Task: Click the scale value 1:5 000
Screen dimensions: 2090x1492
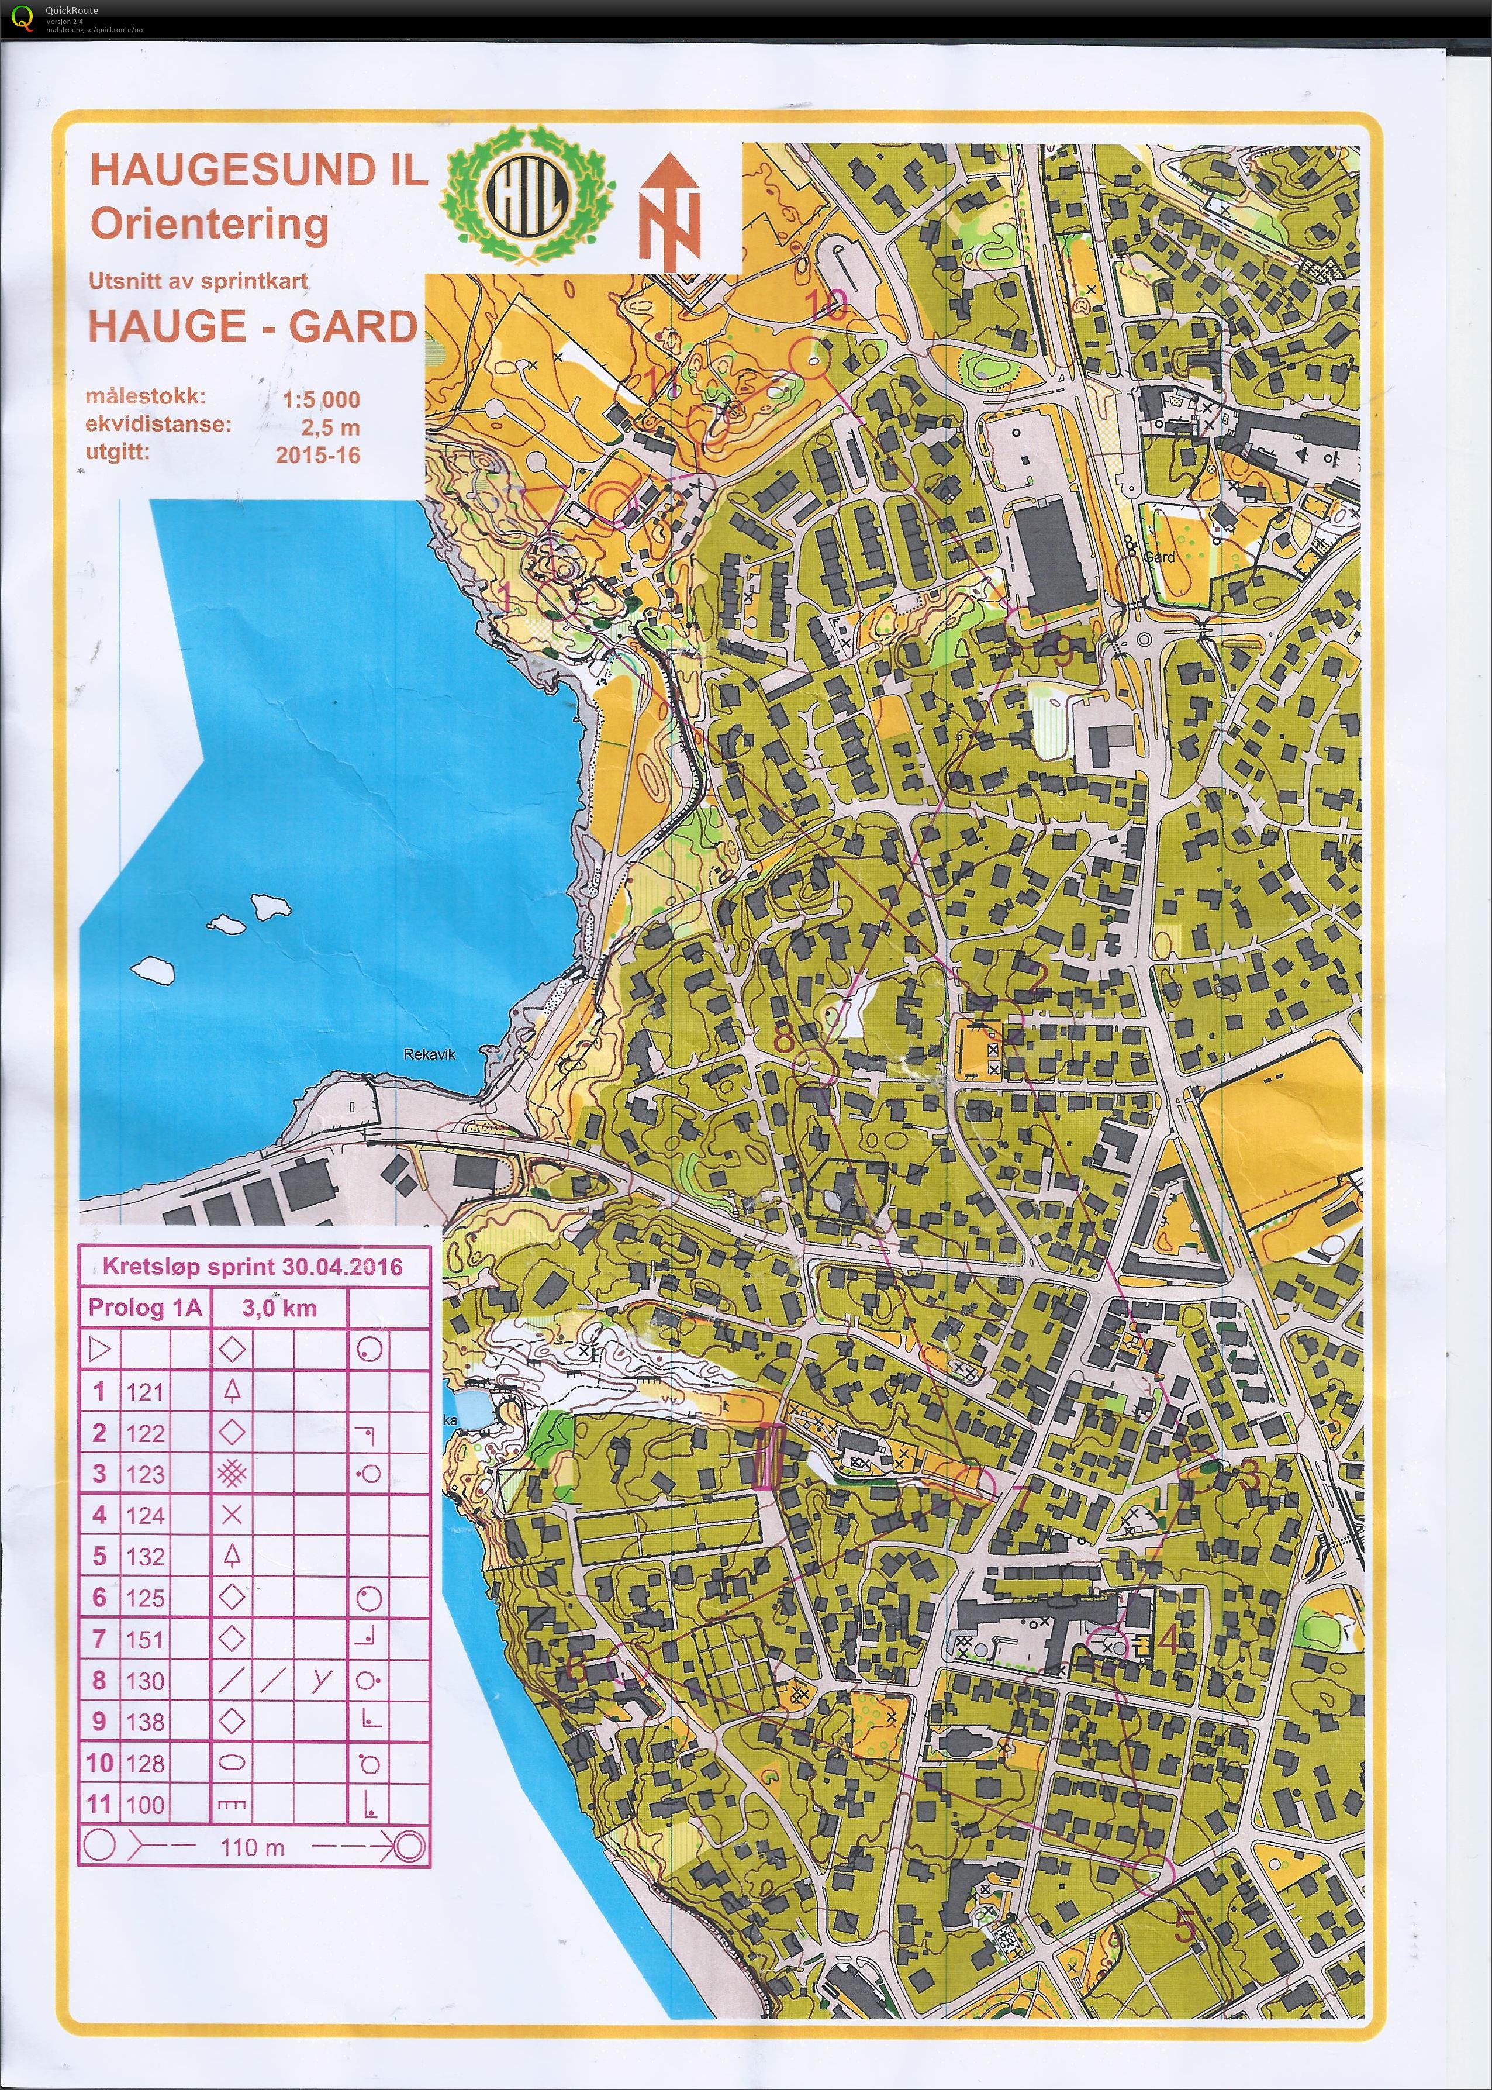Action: (320, 399)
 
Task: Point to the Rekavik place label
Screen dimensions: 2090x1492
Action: (429, 1054)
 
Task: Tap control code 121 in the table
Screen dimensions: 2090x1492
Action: (144, 1392)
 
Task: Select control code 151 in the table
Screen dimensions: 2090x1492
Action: (144, 1639)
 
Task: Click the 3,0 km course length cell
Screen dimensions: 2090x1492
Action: (279, 1308)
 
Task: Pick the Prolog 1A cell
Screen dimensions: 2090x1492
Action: (144, 1308)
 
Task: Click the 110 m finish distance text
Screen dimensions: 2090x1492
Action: (253, 1847)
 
